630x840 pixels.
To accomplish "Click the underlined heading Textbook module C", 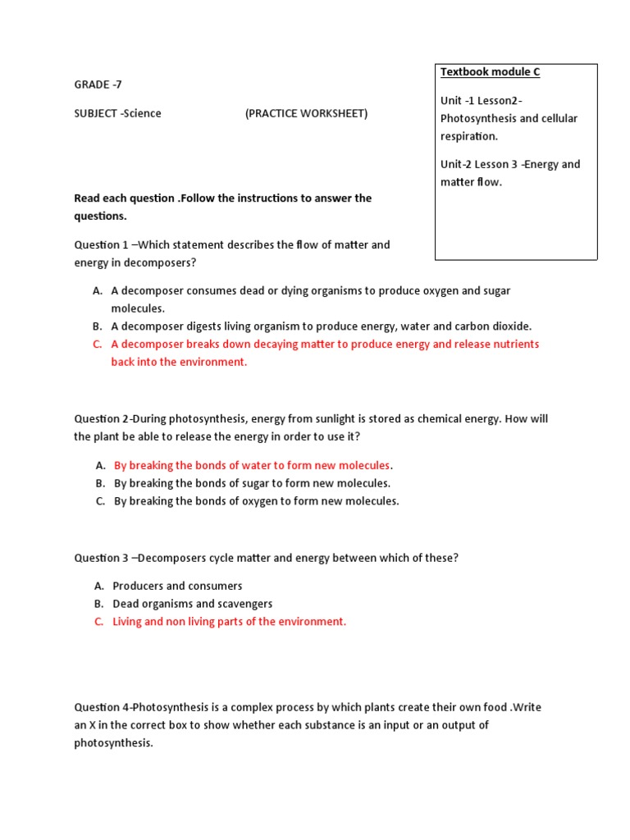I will [x=490, y=72].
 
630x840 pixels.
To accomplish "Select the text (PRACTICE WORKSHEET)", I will [x=306, y=113].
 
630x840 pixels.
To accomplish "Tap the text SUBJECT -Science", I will [x=117, y=113].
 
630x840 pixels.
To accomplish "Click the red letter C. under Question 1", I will [x=98, y=345].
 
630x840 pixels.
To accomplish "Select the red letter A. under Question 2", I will [x=99, y=465].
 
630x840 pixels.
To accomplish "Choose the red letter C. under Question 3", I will [x=98, y=622].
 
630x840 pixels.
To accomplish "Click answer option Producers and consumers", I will [x=177, y=586].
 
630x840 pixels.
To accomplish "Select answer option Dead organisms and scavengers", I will [x=192, y=604].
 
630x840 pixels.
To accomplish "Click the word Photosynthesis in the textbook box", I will [x=473, y=118].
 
